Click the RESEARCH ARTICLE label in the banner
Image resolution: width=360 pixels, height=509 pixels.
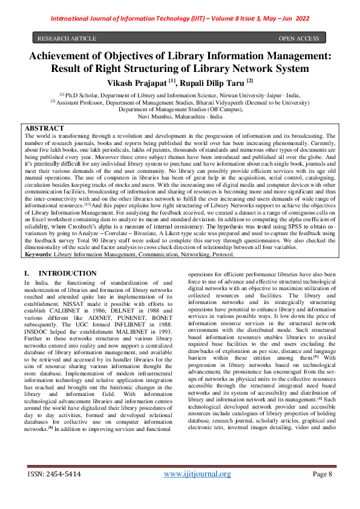click(67, 39)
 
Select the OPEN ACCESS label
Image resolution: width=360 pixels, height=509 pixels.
click(298, 39)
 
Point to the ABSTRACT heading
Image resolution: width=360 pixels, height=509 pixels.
click(44, 129)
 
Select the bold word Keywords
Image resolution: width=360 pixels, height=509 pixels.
click(38, 255)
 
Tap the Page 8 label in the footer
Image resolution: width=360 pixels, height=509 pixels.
click(319, 491)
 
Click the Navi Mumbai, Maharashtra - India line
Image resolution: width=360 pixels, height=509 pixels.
click(180, 116)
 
